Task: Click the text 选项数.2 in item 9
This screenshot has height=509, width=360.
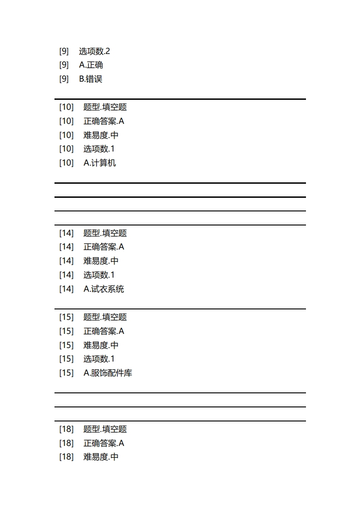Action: tap(94, 51)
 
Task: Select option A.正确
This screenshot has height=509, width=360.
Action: tap(91, 65)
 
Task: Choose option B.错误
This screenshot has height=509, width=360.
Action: tap(91, 79)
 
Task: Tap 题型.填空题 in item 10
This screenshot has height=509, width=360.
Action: tap(105, 107)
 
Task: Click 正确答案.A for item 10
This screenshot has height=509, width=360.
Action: tap(104, 121)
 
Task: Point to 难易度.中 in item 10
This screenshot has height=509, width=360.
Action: tap(101, 135)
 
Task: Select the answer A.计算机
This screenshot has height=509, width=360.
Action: tap(99, 163)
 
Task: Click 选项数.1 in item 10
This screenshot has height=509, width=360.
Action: tap(99, 149)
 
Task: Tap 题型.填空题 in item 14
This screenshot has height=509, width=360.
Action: tap(105, 233)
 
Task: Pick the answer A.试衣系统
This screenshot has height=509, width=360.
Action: tap(104, 289)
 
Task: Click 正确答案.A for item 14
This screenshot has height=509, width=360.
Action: tap(104, 247)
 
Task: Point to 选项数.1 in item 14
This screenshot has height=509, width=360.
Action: tap(99, 275)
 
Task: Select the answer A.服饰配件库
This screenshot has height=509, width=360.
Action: tap(108, 373)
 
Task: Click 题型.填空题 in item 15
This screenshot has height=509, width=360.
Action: tap(105, 317)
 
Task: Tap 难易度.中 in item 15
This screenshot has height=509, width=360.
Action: tap(101, 345)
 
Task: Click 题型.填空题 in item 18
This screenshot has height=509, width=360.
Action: tap(105, 429)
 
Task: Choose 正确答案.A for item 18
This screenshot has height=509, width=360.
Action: tap(104, 443)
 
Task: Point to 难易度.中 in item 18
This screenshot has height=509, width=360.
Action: tap(101, 457)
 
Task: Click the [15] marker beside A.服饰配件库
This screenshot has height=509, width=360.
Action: tap(66, 373)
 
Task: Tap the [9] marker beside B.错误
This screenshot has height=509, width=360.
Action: tap(64, 79)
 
